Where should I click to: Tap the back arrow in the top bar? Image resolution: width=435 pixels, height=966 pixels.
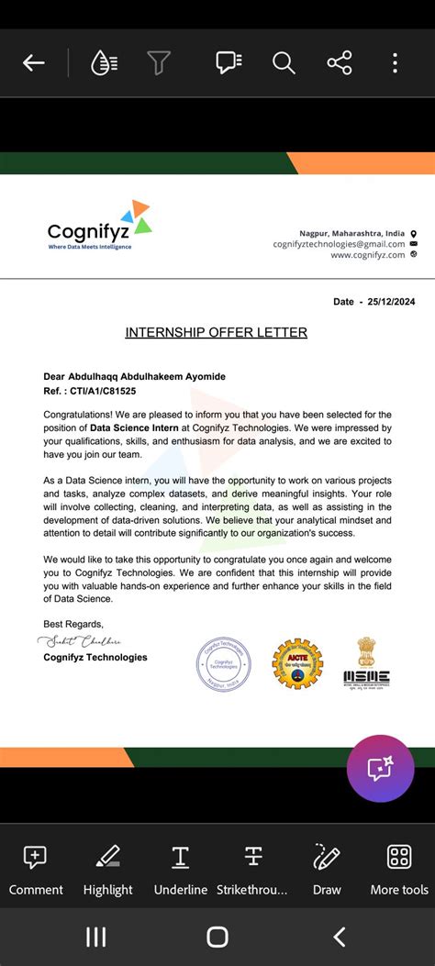pos(34,62)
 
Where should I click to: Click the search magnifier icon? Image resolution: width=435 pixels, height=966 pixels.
pos(283,62)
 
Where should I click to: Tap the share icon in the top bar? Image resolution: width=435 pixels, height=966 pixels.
pos(339,62)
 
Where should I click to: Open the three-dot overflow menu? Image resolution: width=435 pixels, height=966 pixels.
pos(395,62)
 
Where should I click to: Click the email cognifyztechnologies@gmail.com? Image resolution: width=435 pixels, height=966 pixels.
pos(339,244)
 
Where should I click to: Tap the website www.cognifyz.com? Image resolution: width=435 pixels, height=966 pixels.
pos(367,255)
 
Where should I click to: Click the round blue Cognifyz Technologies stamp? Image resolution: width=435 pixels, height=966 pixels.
pos(223,664)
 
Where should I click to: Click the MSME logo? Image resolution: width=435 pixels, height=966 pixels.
pos(366,664)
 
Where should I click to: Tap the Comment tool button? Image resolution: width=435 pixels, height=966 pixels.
pos(36,868)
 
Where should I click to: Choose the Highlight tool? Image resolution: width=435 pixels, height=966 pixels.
pos(107,868)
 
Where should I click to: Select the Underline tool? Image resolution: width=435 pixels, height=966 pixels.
pos(180,868)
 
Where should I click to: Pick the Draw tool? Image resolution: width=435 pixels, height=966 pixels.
pos(327,868)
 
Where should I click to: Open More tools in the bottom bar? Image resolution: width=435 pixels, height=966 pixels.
pos(399,868)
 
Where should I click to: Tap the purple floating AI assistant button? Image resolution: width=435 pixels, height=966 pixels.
pos(380,769)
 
